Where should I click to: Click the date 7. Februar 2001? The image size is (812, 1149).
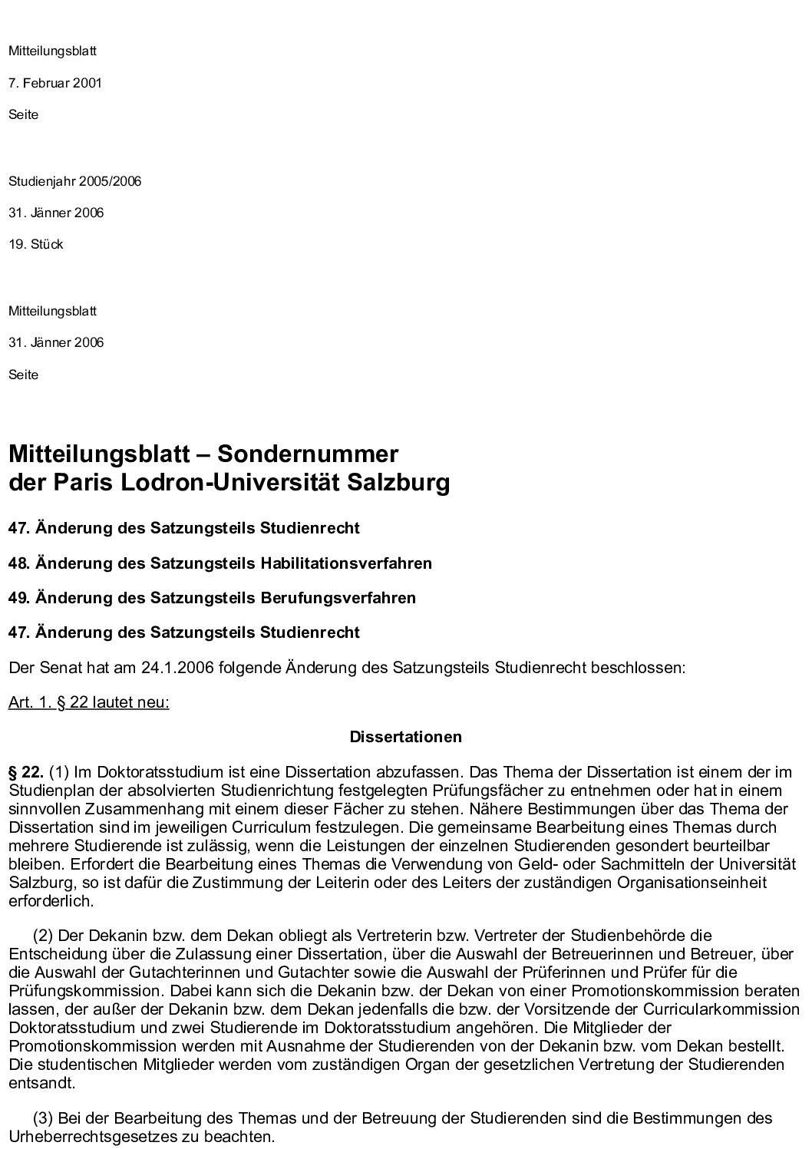tap(55, 83)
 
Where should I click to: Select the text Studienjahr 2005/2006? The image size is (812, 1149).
tap(74, 181)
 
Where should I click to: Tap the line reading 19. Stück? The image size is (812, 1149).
tap(36, 244)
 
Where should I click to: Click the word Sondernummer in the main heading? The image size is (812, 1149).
tap(308, 454)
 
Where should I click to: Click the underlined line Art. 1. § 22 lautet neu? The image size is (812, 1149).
tap(89, 702)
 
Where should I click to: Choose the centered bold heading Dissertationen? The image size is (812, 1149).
tap(406, 737)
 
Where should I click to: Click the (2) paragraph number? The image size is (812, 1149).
tap(43, 936)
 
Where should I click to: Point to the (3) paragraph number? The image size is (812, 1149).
tap(43, 1118)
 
